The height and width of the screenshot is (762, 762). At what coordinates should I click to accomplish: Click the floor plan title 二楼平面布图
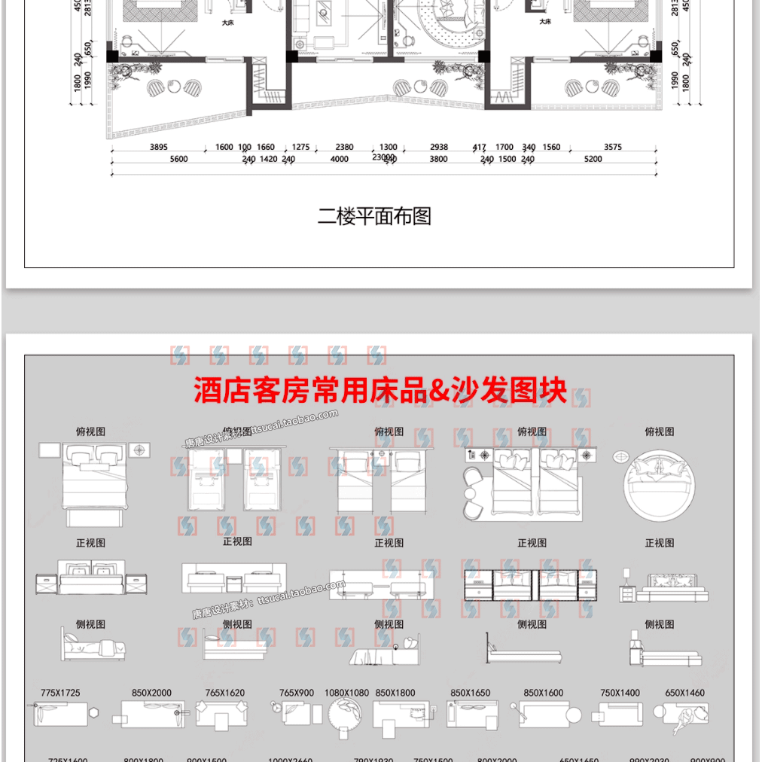pyautogui.click(x=374, y=217)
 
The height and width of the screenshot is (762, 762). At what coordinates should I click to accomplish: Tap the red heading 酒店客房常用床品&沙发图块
pyautogui.click(x=380, y=390)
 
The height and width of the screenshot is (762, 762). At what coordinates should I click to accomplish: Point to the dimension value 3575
pyautogui.click(x=613, y=148)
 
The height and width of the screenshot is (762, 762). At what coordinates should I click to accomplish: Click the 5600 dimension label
pyautogui.click(x=178, y=160)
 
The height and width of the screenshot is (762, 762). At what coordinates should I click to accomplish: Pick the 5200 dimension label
pyautogui.click(x=593, y=160)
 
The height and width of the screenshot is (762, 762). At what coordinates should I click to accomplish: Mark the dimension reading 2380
pyautogui.click(x=344, y=148)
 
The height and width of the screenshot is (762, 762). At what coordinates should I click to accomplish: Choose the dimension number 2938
pyautogui.click(x=438, y=148)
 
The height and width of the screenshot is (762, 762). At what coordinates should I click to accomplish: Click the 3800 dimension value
pyautogui.click(x=438, y=160)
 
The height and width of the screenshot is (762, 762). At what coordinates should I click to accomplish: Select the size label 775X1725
pyautogui.click(x=61, y=693)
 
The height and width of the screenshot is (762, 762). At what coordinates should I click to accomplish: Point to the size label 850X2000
pyautogui.click(x=151, y=693)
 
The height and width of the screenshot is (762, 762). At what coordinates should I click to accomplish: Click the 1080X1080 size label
pyautogui.click(x=346, y=693)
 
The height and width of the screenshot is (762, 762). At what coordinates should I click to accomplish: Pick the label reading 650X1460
pyautogui.click(x=684, y=693)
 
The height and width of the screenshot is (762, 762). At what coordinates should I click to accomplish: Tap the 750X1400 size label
pyautogui.click(x=620, y=693)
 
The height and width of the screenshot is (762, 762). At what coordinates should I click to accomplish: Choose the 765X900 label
pyautogui.click(x=297, y=693)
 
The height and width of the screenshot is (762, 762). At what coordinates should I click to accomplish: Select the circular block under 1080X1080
pyautogui.click(x=346, y=713)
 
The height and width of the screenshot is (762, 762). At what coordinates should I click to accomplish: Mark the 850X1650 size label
pyautogui.click(x=470, y=693)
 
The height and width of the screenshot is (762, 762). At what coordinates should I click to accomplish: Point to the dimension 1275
pyautogui.click(x=301, y=148)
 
